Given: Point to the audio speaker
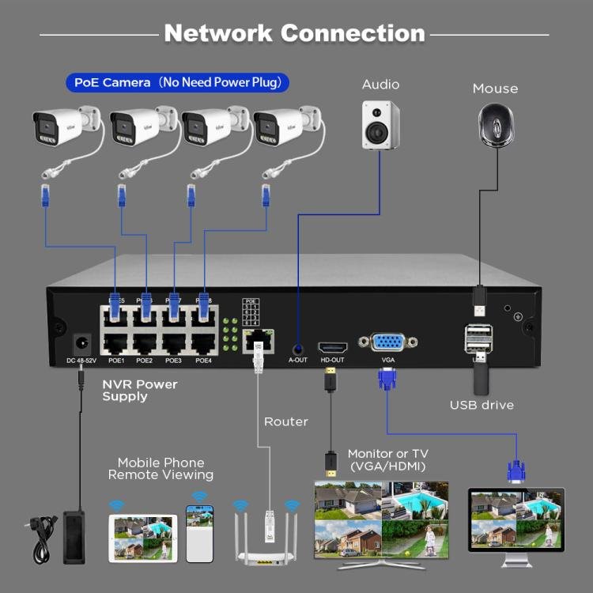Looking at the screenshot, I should click(381, 124).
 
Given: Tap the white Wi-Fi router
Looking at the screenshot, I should click(270, 538).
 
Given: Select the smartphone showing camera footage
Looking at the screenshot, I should click(199, 534).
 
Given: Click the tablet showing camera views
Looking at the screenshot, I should click(143, 538).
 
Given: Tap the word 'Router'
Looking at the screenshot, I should click(285, 421).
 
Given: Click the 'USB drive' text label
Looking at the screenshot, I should click(482, 405).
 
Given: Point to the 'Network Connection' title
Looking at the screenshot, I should click(294, 33).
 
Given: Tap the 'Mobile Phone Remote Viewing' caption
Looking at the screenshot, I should click(161, 468).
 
